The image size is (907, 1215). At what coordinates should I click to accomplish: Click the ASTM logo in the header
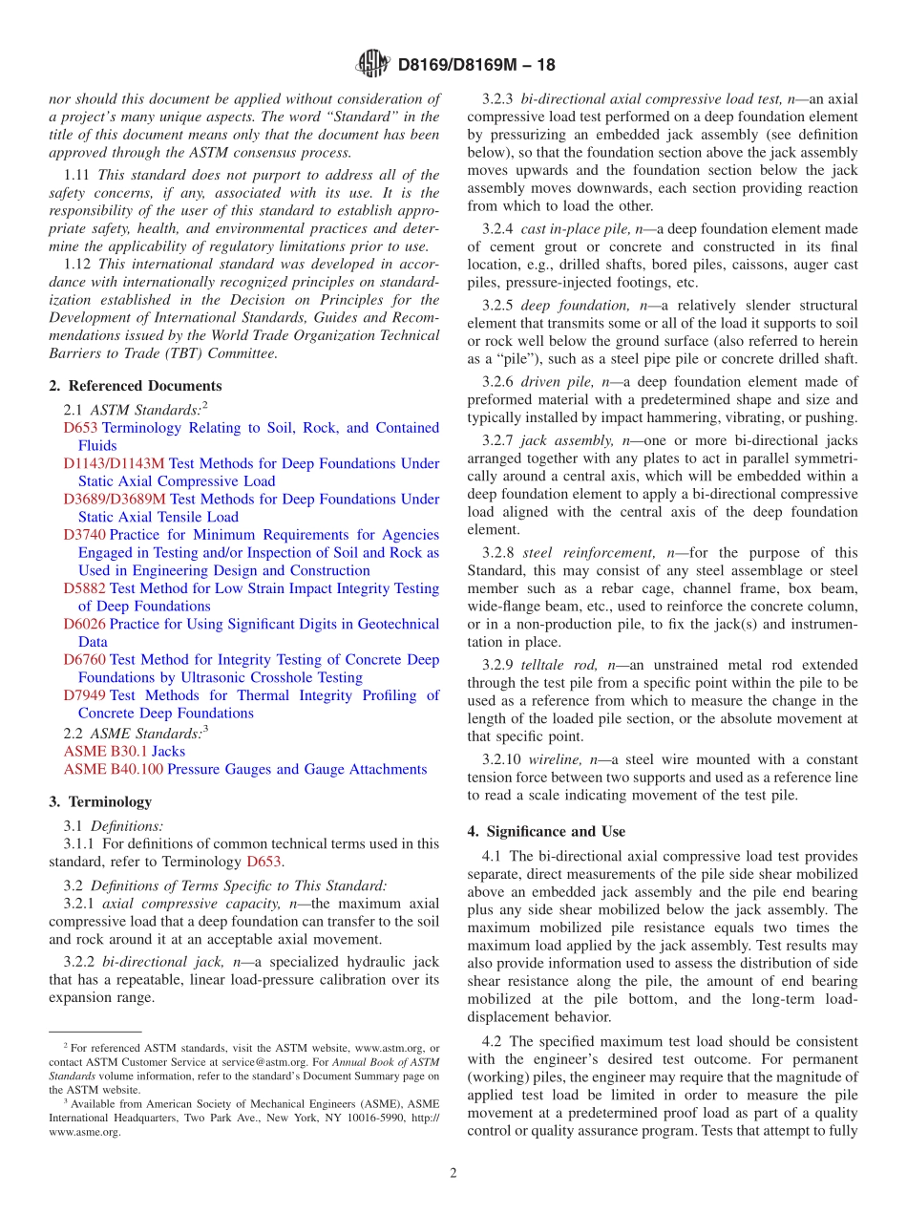point(372,65)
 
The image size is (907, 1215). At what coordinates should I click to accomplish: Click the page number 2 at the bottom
point(453,1173)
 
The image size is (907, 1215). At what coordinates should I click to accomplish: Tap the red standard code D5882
point(85,588)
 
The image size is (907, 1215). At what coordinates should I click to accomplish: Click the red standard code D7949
point(85,695)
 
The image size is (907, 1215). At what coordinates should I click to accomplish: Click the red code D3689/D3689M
point(115,499)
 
